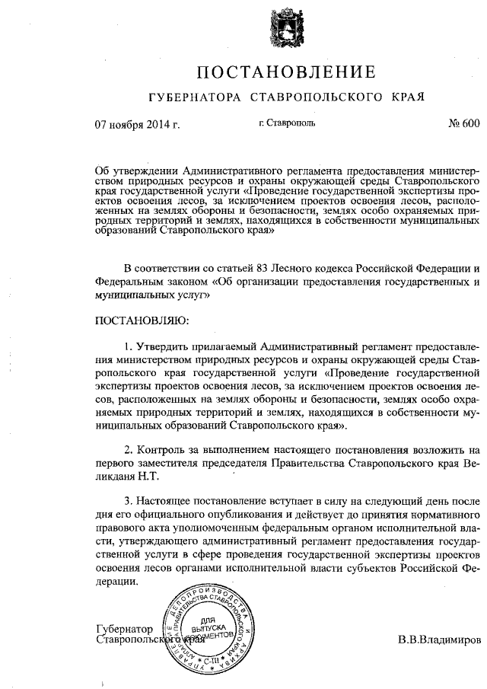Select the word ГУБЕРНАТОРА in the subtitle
point(186,98)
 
